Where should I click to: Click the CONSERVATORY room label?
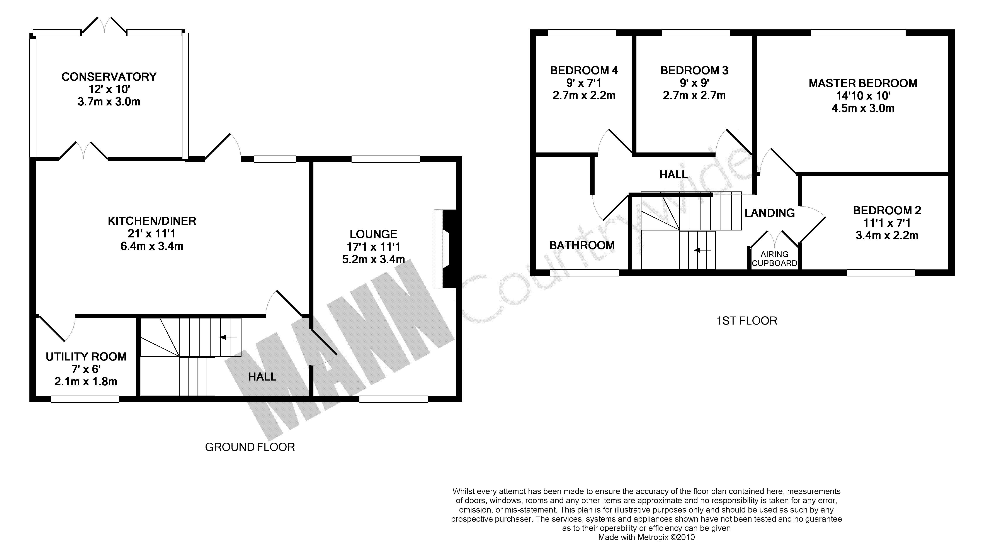click(x=109, y=77)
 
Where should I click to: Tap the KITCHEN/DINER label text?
click(x=152, y=221)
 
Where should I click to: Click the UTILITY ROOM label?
click(x=86, y=357)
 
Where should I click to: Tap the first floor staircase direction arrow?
click(x=702, y=250)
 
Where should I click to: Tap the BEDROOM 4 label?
click(x=584, y=71)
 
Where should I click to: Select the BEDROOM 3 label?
click(x=694, y=71)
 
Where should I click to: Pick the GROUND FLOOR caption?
click(x=250, y=447)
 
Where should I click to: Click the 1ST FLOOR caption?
click(x=747, y=321)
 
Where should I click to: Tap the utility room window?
click(x=85, y=399)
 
